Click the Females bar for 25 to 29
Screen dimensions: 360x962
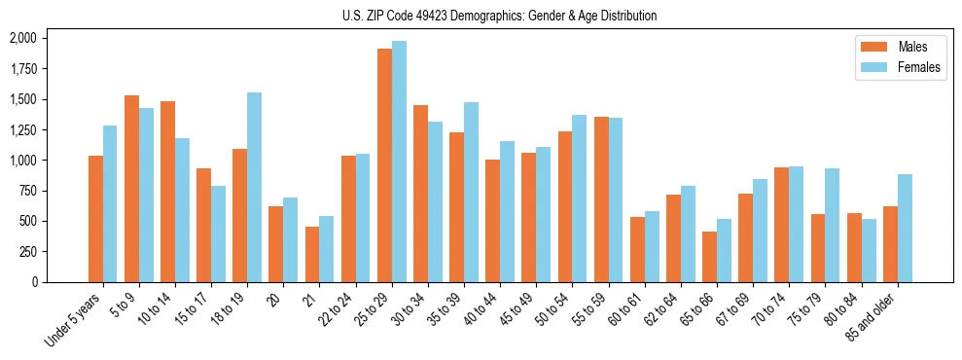(x=399, y=162)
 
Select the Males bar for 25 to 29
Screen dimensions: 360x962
(x=384, y=165)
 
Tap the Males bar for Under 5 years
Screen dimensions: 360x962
(x=95, y=219)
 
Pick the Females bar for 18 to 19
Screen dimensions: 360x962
(x=255, y=187)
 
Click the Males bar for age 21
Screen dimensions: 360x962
(x=312, y=254)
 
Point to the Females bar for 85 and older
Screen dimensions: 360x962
(x=905, y=228)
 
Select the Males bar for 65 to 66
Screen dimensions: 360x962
(x=709, y=257)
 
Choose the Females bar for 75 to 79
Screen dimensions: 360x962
(x=833, y=225)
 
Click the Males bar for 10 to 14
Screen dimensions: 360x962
(x=167, y=192)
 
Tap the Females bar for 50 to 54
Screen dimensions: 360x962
(x=580, y=198)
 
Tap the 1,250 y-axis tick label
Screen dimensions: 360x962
(x=22, y=130)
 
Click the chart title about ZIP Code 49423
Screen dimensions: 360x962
(x=499, y=16)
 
